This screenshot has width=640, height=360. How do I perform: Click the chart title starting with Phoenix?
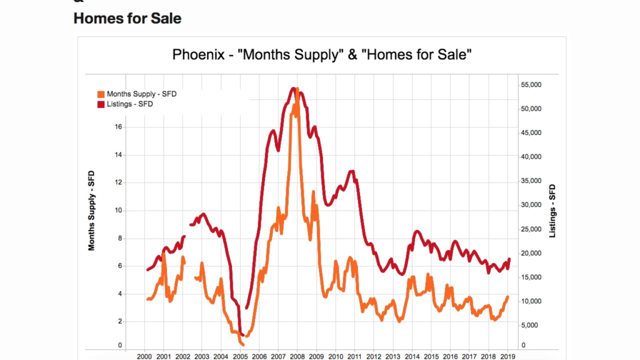pyautogui.click(x=321, y=55)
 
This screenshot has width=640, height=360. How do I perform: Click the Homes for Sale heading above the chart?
pyautogui.click(x=127, y=19)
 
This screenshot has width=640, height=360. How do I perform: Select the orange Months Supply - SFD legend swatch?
pyautogui.click(x=101, y=94)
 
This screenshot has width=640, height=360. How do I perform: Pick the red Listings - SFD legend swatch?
pyautogui.click(x=101, y=104)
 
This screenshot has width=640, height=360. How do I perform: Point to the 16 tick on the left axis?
pyautogui.click(x=118, y=127)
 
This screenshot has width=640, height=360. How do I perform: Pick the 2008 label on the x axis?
pyautogui.click(x=297, y=356)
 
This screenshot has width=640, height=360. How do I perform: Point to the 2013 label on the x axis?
pyautogui.click(x=393, y=356)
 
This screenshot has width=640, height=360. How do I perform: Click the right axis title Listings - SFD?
pyautogui.click(x=552, y=211)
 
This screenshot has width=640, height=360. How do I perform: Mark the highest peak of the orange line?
pyautogui.click(x=297, y=89)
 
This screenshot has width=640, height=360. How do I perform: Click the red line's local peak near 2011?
pyautogui.click(x=352, y=171)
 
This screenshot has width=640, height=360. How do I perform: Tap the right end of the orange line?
pyautogui.click(x=508, y=297)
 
